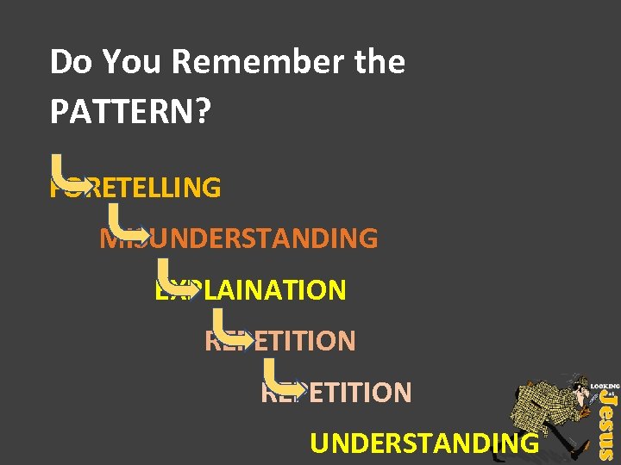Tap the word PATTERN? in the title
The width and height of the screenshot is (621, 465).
(x=129, y=111)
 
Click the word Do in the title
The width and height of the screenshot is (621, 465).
(x=70, y=62)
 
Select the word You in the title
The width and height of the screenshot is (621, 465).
(x=132, y=62)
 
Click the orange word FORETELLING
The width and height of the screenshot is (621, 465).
(x=138, y=187)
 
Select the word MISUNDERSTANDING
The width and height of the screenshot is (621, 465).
(x=241, y=239)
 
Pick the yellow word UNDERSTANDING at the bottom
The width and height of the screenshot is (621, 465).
(x=423, y=443)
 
